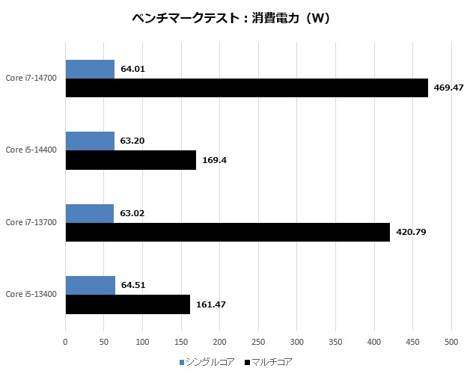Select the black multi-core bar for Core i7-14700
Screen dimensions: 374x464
[246, 88]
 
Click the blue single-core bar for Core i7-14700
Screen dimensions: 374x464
[90, 69]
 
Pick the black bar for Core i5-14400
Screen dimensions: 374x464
[131, 159]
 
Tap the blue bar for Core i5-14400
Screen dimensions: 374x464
[90, 141]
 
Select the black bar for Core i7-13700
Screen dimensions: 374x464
[228, 232]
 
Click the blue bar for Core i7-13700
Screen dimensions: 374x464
[90, 213]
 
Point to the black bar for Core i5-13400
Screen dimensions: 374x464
[128, 304]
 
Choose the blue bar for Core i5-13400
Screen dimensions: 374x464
[91, 285]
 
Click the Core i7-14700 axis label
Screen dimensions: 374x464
[31, 78]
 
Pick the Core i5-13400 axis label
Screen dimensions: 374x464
[31, 295]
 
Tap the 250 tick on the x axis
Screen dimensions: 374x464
[258, 342]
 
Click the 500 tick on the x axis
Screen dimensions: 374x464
[451, 342]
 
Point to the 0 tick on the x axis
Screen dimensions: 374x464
[66, 342]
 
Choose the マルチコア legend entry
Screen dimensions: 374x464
[266, 362]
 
